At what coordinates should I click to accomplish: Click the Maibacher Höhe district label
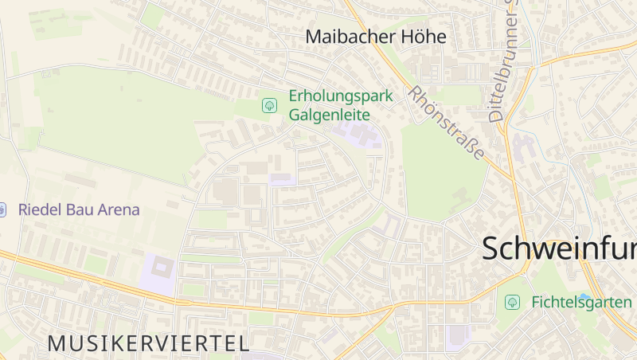376,37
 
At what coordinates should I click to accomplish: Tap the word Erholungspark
341,96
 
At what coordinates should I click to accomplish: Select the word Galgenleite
329,114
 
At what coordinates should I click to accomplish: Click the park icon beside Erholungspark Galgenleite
270,105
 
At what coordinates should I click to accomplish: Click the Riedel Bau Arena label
79,210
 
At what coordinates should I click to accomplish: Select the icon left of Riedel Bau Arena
2,210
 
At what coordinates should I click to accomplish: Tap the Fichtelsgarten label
581,302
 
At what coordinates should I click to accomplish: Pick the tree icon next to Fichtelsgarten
513,302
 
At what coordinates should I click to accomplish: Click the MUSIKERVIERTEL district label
148,343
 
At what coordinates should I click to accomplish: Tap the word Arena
118,210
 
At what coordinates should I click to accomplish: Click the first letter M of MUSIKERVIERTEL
57,343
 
